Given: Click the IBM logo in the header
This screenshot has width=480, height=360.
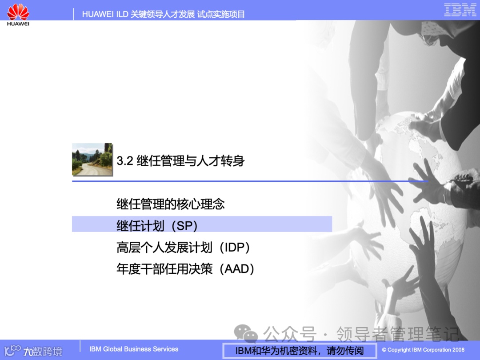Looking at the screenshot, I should click(x=460, y=10).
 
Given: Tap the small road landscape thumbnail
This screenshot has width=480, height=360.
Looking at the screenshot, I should click(x=92, y=159).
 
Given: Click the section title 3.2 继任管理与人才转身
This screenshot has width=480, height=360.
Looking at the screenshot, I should click(x=180, y=160).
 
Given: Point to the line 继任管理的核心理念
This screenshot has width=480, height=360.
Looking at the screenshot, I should click(x=171, y=204).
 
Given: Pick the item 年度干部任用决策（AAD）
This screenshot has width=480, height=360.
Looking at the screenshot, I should click(x=185, y=269).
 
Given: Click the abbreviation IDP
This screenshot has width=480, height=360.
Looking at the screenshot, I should click(x=237, y=247).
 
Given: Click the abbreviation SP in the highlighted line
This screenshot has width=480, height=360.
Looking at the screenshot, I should click(x=186, y=226).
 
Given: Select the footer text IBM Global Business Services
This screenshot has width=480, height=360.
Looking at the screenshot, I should click(x=134, y=349).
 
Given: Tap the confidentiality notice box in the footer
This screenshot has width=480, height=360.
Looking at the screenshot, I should click(x=299, y=351).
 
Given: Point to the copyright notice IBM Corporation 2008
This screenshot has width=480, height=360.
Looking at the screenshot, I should click(x=423, y=350).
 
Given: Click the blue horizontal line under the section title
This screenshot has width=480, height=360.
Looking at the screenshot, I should click(x=249, y=181).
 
